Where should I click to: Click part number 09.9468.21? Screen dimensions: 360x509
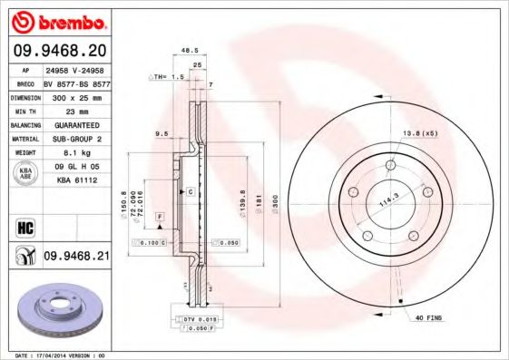[x=75, y=258]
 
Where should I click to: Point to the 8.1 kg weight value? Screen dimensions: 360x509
[x=74, y=153]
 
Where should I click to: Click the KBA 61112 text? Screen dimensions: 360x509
[x=75, y=181]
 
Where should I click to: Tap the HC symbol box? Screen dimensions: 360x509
[x=24, y=225]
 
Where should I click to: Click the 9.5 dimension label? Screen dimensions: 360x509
[x=162, y=133]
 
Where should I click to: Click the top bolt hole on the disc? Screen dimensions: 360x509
[x=390, y=166]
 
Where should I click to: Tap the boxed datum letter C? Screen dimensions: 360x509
[x=191, y=192]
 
